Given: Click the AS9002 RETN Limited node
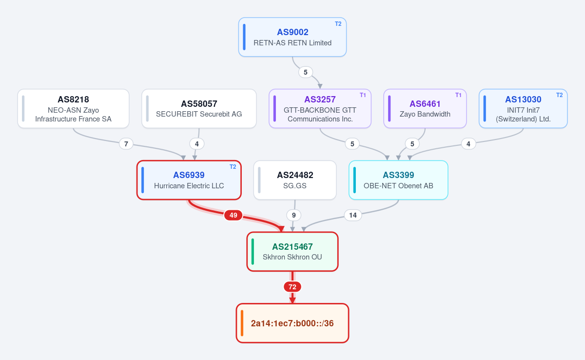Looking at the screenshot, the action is point(292,37).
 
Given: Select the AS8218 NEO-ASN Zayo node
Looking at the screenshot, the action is point(74,108).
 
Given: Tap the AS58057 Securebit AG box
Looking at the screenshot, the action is point(199,108).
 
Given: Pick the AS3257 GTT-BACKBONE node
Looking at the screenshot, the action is point(320,108).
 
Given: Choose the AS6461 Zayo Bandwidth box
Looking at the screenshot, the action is point(425,108).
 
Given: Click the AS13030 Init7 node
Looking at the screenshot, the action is point(523,108).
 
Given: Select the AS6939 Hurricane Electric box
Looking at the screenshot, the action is point(189,180).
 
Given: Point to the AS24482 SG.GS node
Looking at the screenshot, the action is point(295,180).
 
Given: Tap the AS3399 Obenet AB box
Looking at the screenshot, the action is point(398,180).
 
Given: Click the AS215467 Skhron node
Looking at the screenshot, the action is point(292,252).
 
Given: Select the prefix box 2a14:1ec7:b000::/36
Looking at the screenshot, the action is point(292,323).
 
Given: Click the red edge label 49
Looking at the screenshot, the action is point(233,215).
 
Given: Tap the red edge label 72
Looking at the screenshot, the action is point(292,287).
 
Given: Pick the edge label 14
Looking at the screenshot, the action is point(353,215).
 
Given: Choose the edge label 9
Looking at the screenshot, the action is point(294,215).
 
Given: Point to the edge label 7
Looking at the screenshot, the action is point(126,144).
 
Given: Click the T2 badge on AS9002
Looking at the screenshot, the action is point(338,24).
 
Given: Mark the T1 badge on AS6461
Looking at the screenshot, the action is point(458,95).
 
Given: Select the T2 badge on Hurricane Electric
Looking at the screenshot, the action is point(233,167).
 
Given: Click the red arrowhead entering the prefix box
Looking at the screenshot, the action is point(292,300).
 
